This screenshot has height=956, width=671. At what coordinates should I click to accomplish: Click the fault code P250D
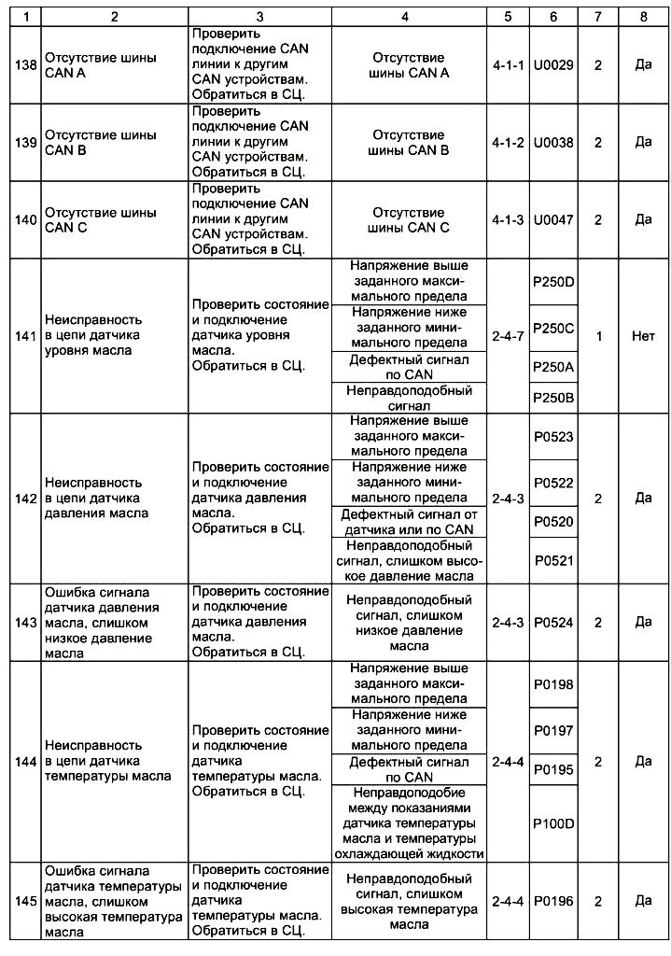553,284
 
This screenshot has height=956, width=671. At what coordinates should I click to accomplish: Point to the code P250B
553,398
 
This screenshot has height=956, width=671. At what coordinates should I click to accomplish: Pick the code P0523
553,437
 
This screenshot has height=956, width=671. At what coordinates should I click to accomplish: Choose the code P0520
553,522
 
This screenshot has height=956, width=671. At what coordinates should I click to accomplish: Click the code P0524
553,623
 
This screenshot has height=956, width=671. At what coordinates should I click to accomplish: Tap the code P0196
553,901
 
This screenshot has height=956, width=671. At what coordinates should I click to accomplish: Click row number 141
21,336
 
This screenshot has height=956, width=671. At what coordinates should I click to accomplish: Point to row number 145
21,901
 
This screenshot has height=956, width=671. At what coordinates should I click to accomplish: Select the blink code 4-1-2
509,143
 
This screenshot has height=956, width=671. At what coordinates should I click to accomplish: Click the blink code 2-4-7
509,336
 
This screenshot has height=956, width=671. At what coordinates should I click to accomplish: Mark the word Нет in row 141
643,336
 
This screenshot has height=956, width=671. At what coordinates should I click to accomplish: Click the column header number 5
509,16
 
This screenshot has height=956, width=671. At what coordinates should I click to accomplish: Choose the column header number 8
643,16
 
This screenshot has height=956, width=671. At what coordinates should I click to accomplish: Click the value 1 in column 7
598,336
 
